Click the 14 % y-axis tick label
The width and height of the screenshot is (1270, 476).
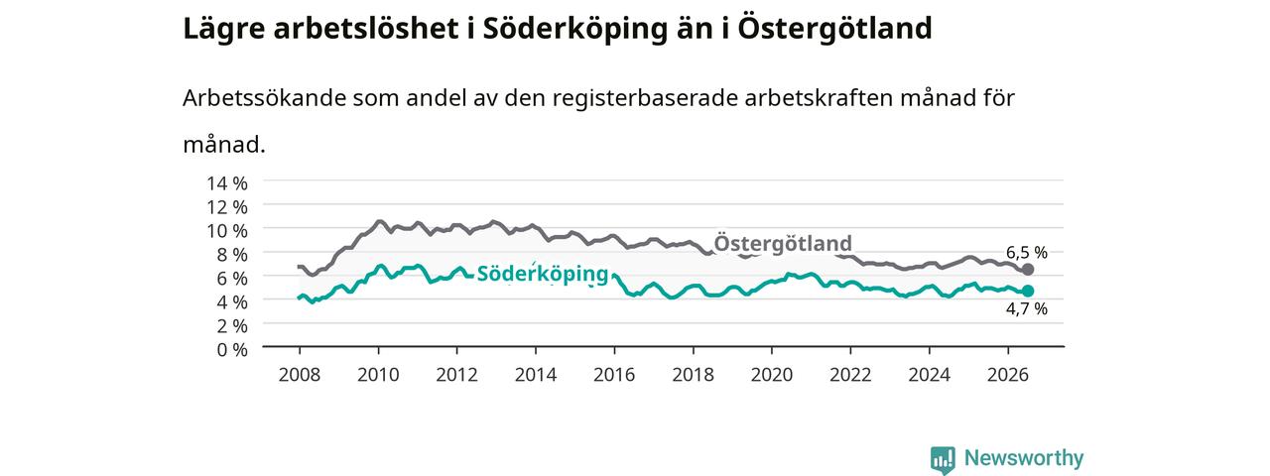(227, 183)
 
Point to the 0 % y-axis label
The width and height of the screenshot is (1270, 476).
(232, 350)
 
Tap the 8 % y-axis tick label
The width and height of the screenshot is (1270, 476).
(232, 255)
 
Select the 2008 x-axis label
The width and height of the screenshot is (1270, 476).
(300, 375)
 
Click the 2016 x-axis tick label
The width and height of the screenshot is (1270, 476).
(614, 375)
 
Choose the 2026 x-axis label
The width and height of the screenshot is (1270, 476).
(1007, 375)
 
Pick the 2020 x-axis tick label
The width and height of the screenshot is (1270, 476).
(772, 375)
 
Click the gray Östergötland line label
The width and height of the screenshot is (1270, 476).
(783, 243)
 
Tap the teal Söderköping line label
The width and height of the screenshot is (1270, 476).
(543, 274)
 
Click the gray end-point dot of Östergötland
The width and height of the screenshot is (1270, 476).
(1028, 269)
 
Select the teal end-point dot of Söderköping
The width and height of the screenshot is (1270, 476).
(1028, 291)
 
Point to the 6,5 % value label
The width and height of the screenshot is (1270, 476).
(1027, 252)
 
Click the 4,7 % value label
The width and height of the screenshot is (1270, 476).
(1027, 308)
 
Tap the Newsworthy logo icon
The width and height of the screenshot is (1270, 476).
(943, 459)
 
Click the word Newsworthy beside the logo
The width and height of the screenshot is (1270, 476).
(1024, 457)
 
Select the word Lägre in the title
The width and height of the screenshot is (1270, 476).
(224, 29)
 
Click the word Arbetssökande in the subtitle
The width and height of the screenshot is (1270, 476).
(264, 98)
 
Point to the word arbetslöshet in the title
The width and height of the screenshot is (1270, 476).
(366, 28)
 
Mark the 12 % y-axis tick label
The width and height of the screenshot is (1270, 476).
(227, 207)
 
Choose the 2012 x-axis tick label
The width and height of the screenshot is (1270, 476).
(456, 375)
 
